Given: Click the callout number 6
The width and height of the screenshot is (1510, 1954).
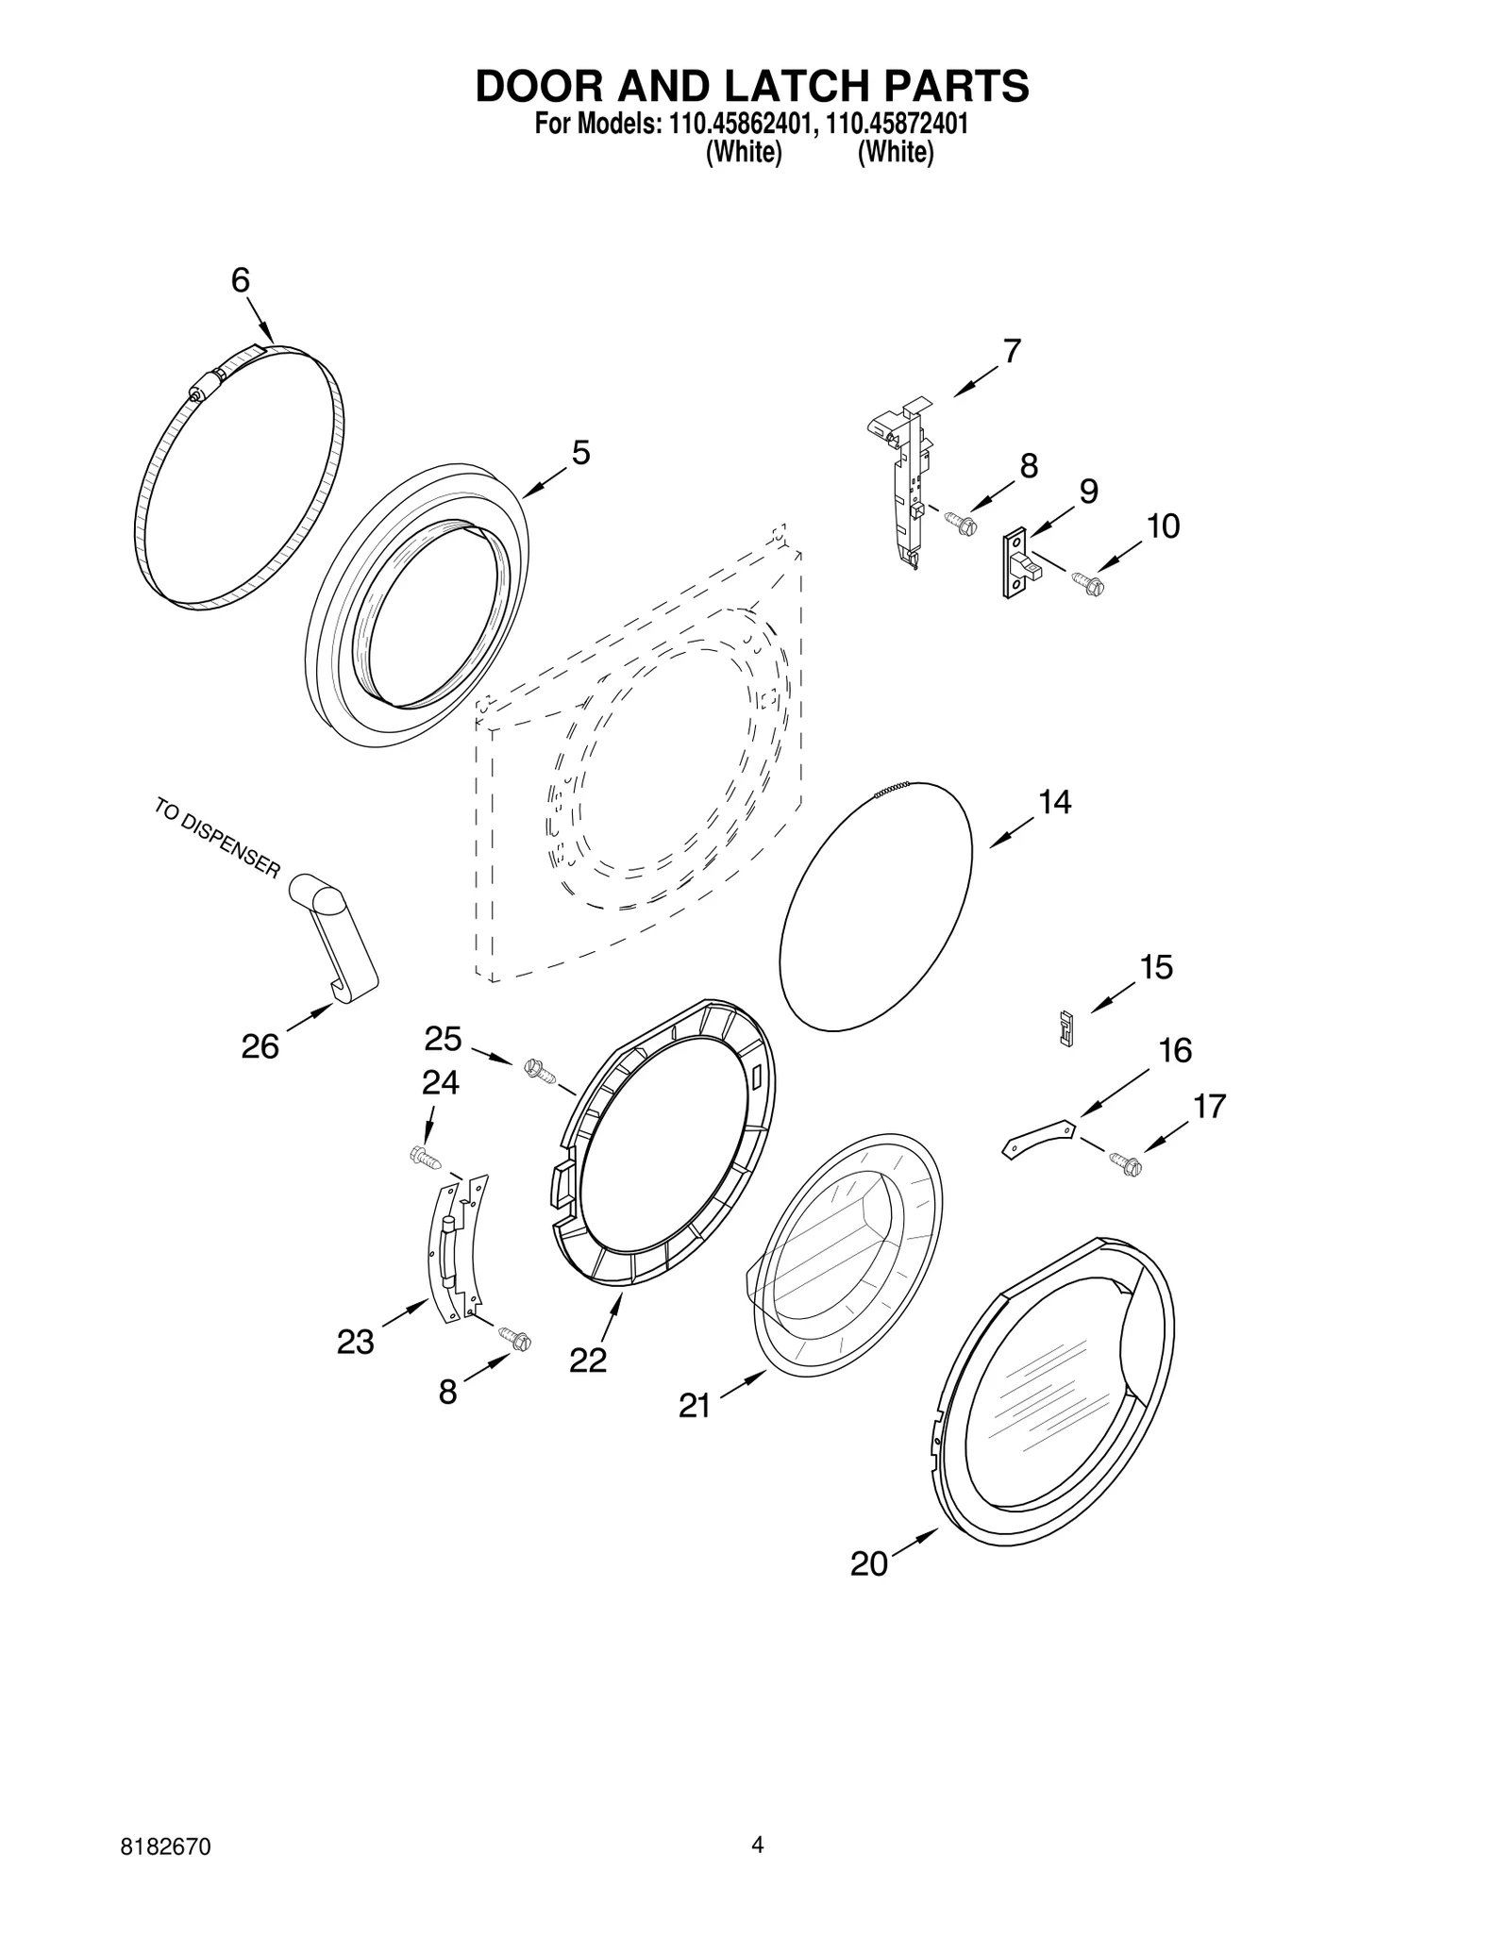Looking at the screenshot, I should coord(240,280).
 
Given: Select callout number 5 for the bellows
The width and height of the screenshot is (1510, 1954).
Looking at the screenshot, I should coord(580,453).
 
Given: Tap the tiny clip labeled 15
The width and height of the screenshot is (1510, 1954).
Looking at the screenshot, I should coord(1067,1027).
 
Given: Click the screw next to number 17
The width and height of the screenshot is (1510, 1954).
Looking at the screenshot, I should coord(1126,1165).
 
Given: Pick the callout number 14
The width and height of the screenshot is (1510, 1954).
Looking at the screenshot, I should coord(1054,802).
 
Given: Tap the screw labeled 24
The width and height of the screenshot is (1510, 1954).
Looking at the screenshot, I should coord(425,1157).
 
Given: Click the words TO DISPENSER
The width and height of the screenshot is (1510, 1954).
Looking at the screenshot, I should coord(217,838).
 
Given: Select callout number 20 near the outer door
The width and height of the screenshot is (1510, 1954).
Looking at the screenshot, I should coord(868,1564).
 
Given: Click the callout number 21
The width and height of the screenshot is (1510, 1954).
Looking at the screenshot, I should coord(694,1406).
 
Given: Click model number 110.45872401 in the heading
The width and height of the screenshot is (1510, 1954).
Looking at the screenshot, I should coord(897,124).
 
